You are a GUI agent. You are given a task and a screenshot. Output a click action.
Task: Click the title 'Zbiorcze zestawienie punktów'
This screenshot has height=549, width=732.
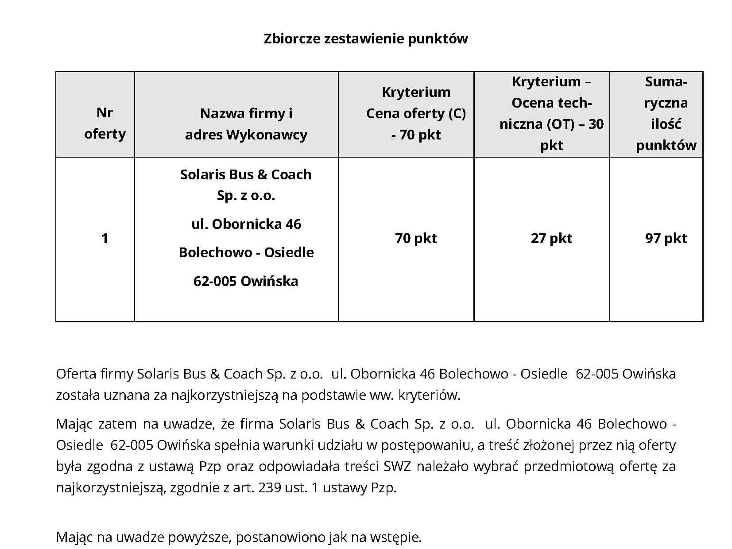click(x=365, y=39)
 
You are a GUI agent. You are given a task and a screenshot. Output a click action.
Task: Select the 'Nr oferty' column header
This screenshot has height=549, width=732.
click(x=105, y=123)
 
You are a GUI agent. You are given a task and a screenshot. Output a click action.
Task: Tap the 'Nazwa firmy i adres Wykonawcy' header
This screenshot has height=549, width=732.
click(x=246, y=124)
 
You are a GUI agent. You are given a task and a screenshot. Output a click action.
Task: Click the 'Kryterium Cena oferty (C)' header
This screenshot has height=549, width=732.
click(x=416, y=113)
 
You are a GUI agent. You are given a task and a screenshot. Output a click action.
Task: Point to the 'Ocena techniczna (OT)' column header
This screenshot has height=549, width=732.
click(x=551, y=113)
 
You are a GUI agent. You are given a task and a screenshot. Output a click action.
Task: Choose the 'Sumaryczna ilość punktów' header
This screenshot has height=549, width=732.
click(x=666, y=113)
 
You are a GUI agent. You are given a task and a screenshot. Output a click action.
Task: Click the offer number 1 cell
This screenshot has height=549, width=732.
click(x=105, y=239)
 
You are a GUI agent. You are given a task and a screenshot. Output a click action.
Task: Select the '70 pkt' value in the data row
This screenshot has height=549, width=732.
click(x=415, y=239)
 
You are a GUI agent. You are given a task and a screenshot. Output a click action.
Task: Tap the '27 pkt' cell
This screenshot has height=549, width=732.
click(x=551, y=239)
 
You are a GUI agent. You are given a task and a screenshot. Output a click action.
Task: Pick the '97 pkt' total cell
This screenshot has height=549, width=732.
click(x=666, y=239)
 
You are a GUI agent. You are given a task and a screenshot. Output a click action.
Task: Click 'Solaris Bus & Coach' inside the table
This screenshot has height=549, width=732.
click(x=246, y=174)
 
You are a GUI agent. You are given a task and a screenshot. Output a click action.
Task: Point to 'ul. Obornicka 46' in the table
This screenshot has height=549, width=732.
click(x=246, y=224)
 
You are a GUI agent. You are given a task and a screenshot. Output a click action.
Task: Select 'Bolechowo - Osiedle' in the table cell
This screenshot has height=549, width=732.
click(x=246, y=252)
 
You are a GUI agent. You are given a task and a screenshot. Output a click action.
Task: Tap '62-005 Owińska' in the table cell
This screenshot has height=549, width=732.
click(x=246, y=281)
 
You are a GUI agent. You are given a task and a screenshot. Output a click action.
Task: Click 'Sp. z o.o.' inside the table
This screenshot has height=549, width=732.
click(x=246, y=196)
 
